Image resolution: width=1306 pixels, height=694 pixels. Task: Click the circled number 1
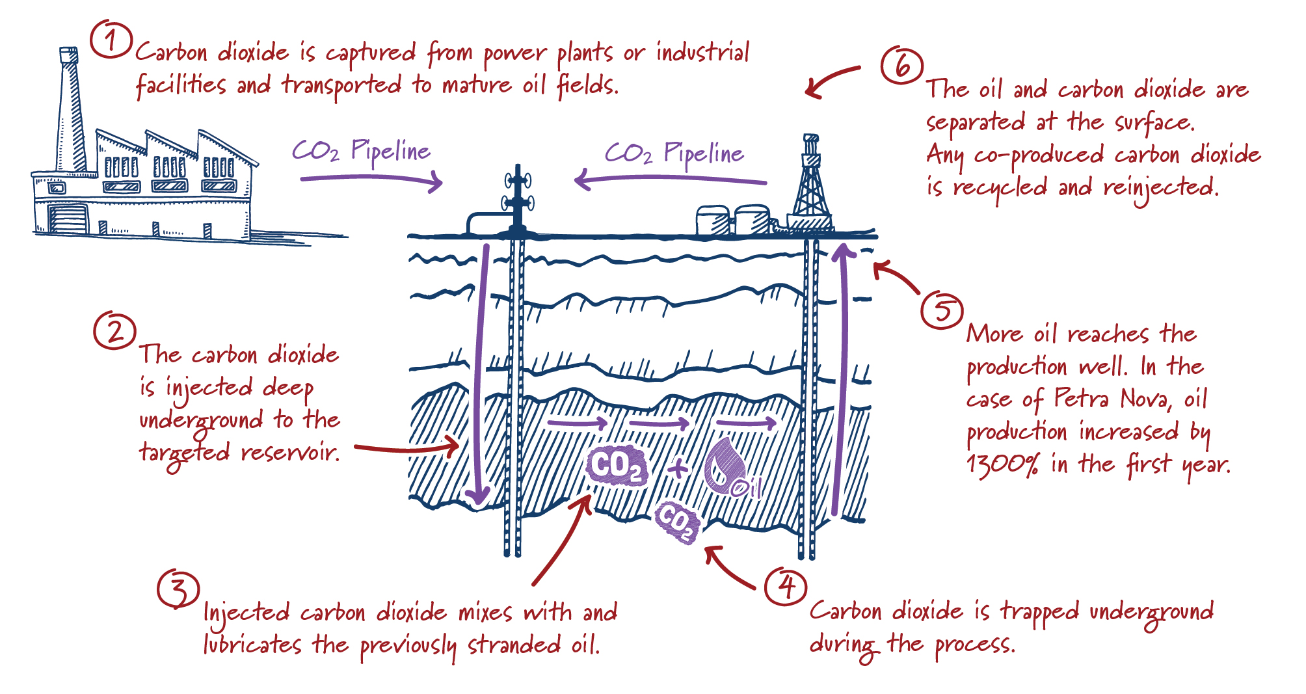(111, 40)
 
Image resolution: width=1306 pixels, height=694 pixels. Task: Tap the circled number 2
(114, 331)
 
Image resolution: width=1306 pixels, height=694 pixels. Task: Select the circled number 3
(178, 589)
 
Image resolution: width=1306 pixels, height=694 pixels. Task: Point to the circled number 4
(786, 587)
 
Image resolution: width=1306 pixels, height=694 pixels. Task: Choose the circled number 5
(941, 310)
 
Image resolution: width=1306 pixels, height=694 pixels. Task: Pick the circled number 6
(902, 66)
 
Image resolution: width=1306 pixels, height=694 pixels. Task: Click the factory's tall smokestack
(70, 111)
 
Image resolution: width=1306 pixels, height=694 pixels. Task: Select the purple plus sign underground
(677, 468)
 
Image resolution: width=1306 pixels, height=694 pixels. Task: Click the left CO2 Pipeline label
(361, 151)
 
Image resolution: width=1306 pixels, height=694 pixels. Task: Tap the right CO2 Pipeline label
(674, 153)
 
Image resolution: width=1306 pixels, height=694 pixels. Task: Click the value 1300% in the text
(1002, 464)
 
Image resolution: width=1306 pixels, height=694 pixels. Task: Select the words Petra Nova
(1112, 398)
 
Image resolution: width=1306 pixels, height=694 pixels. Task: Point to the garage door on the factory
(68, 219)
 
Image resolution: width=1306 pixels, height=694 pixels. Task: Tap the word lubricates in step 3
(252, 645)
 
